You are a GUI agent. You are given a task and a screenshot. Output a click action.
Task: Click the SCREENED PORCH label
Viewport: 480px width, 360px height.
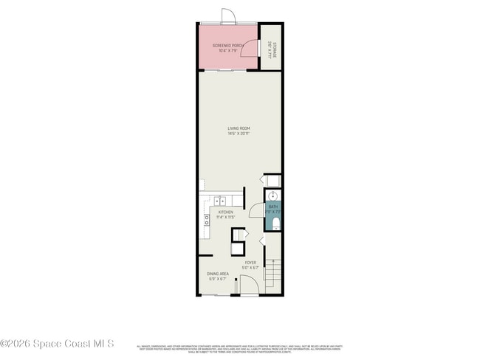227,46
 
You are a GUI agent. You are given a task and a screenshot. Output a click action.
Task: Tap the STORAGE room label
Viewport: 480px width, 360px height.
273,48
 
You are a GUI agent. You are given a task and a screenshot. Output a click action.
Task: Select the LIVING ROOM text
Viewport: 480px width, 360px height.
239,128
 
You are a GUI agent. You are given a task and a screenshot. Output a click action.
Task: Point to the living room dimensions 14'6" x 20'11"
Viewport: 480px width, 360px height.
239,134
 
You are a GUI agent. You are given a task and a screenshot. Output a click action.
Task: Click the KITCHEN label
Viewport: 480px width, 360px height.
225,212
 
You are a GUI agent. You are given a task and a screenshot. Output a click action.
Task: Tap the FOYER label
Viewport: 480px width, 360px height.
250,262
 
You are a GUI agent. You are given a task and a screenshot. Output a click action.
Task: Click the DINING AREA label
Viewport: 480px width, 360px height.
217,274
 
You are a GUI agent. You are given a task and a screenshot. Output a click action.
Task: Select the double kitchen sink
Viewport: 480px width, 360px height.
221,200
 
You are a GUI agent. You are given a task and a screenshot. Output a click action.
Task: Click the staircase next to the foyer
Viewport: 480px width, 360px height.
273,274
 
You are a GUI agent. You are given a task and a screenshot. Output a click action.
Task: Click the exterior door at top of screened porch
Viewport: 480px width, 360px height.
228,16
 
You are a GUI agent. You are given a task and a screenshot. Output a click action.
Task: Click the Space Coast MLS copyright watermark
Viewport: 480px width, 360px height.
57,343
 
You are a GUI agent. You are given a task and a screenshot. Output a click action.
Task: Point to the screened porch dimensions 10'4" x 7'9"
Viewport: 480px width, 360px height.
227,51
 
